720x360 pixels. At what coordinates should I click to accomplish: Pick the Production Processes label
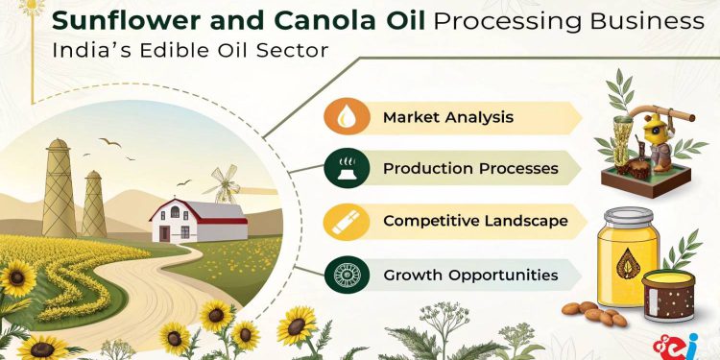pos(470,168)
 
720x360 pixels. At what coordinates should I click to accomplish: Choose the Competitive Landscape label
pos(475,221)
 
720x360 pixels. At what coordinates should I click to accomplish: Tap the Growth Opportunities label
pos(470,275)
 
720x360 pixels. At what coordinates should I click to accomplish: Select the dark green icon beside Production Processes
pos(344,168)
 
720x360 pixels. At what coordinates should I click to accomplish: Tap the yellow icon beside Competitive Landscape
pos(344,220)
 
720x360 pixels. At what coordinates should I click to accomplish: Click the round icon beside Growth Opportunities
pos(344,274)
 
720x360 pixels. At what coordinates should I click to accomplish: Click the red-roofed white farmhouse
pos(198,220)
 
